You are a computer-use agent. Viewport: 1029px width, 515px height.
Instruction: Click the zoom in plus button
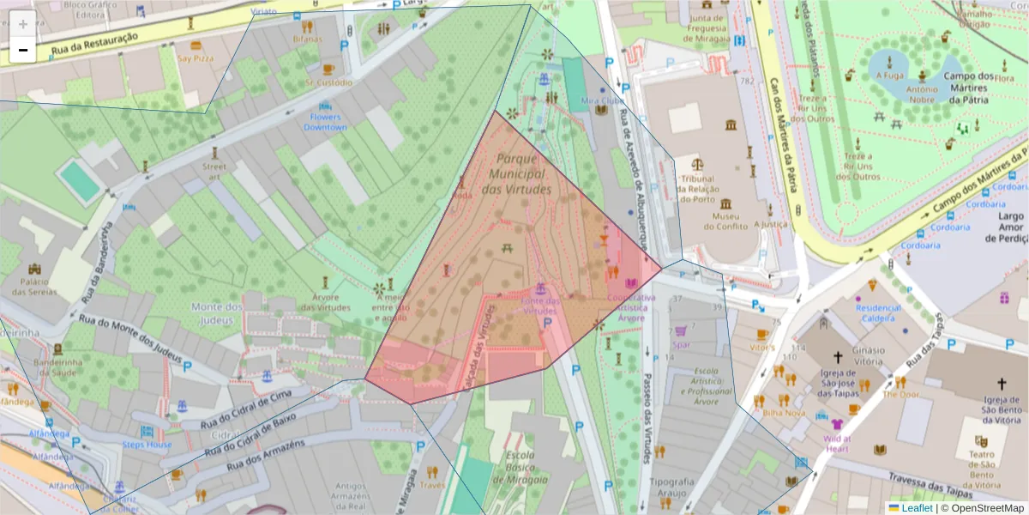pyautogui.click(x=23, y=24)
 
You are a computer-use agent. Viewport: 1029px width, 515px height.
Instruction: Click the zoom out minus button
pyautogui.click(x=23, y=51)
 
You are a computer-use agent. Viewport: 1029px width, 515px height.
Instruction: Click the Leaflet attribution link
pyautogui.click(x=917, y=507)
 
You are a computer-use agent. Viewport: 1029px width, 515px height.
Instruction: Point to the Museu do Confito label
pyautogui.click(x=727, y=221)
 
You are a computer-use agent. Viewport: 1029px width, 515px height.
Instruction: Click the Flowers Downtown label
pyautogui.click(x=325, y=122)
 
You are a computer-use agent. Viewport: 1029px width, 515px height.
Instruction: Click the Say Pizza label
pyautogui.click(x=196, y=58)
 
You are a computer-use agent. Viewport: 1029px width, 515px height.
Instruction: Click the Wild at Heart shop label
pyautogui.click(x=836, y=443)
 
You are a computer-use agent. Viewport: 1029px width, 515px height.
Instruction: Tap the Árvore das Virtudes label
pyautogui.click(x=326, y=302)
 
